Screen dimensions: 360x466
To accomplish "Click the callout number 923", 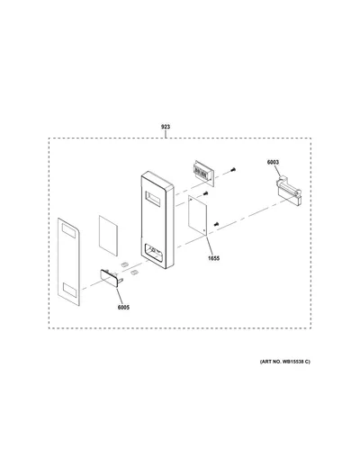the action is pyautogui.click(x=166, y=127).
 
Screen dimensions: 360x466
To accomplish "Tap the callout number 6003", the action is pyautogui.click(x=273, y=162).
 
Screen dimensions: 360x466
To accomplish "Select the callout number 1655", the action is pyautogui.click(x=214, y=258).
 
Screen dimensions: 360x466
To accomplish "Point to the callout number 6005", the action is pyautogui.click(x=123, y=308).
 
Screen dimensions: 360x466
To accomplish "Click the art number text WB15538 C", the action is pyautogui.click(x=295, y=362).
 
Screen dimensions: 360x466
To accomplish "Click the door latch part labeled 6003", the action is pyautogui.click(x=289, y=192).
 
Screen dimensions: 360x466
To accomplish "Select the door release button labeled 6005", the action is pyautogui.click(x=111, y=278).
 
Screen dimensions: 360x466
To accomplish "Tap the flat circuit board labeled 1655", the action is pyautogui.click(x=198, y=215).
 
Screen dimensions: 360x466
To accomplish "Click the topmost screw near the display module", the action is pyautogui.click(x=233, y=170).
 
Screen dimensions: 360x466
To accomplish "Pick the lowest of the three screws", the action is pyautogui.click(x=217, y=224).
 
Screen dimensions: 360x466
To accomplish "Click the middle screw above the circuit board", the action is pyautogui.click(x=205, y=193).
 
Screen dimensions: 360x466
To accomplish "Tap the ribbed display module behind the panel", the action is pyautogui.click(x=204, y=173).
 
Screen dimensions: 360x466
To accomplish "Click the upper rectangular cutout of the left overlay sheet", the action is pyautogui.click(x=68, y=231).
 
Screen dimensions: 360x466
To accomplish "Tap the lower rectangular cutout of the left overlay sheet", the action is pyautogui.click(x=70, y=291).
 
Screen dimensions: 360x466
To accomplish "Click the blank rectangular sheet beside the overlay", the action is pyautogui.click(x=108, y=236).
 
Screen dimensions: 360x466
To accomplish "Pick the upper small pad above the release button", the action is pyautogui.click(x=124, y=264).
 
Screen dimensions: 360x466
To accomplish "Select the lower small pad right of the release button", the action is pyautogui.click(x=134, y=272).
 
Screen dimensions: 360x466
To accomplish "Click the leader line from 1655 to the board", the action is pyautogui.click(x=211, y=246).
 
